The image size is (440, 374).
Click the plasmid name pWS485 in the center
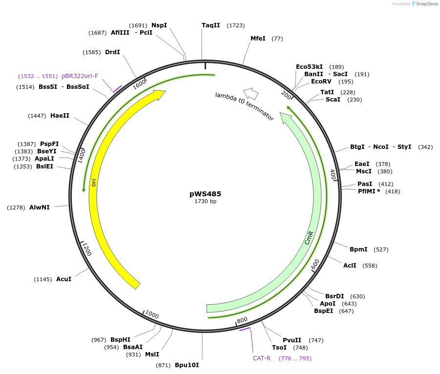pyautogui.click(x=205, y=194)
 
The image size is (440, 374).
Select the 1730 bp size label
pyautogui.click(x=205, y=202)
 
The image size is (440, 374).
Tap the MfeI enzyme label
pyautogui.click(x=258, y=39)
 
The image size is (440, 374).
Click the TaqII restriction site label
pyautogui.click(x=211, y=25)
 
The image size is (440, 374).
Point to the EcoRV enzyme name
pyautogui.click(x=321, y=82)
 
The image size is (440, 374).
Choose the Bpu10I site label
pyautogui.click(x=187, y=365)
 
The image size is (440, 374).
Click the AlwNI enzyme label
pyautogui.click(x=40, y=208)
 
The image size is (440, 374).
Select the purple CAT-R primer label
pyautogui.click(x=262, y=358)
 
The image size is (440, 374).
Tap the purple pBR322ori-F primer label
pyautogui.click(x=80, y=76)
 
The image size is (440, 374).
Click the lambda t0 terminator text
pyautogui.click(x=244, y=106)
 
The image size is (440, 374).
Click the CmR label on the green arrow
pyautogui.click(x=309, y=238)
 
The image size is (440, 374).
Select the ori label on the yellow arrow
pyautogui.click(x=93, y=182)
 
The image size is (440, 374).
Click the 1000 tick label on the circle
pyautogui.click(x=152, y=315)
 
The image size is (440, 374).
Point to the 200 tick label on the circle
pyautogui.click(x=287, y=94)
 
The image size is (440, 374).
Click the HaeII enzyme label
pyautogui.click(x=60, y=116)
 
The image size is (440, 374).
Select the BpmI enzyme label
pyautogui.click(x=358, y=249)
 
